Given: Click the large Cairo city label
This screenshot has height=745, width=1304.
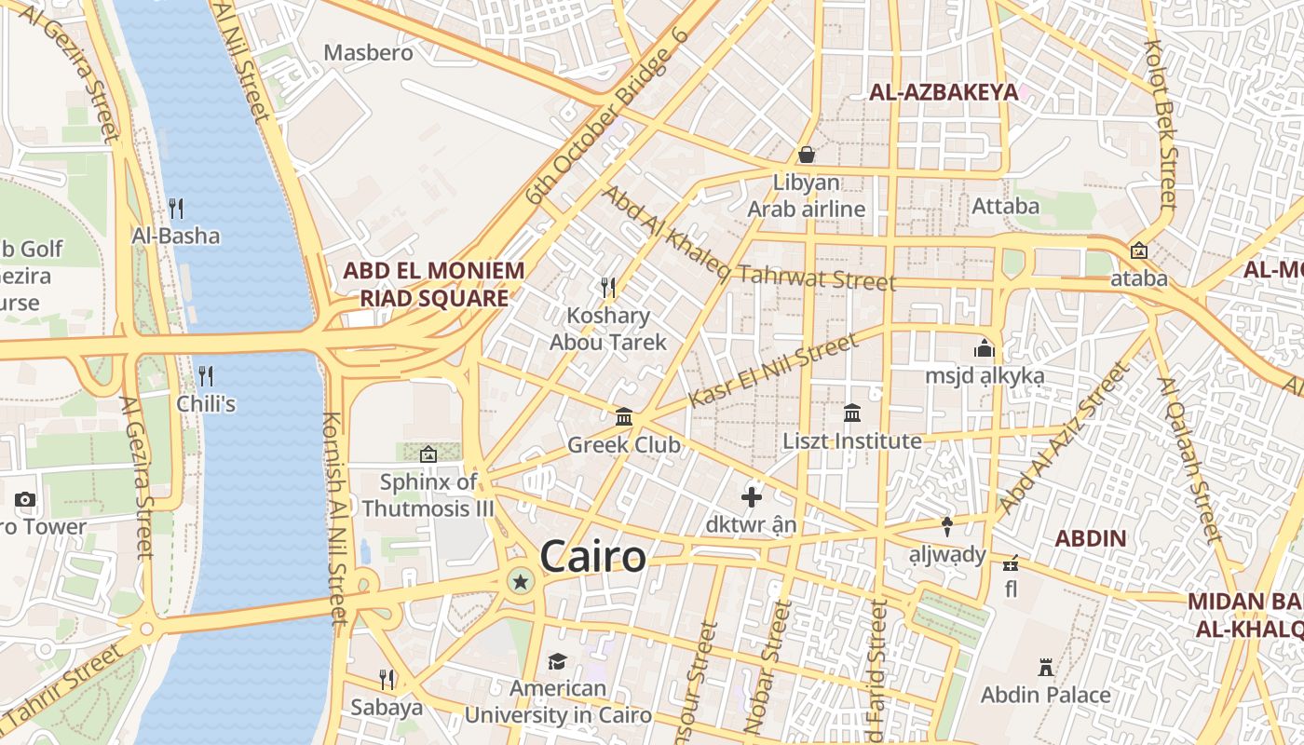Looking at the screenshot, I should pyautogui.click(x=592, y=557).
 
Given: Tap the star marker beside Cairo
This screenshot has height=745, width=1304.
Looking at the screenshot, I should pyautogui.click(x=521, y=583).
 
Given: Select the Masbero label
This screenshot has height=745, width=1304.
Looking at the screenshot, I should pyautogui.click(x=368, y=53).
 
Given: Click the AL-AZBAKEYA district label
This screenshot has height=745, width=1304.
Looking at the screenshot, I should pyautogui.click(x=943, y=91).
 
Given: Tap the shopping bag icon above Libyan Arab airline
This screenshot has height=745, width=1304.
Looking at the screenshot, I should pyautogui.click(x=807, y=154).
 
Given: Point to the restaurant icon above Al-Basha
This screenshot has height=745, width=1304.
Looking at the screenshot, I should pyautogui.click(x=175, y=208).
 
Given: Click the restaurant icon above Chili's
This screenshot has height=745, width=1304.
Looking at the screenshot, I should pyautogui.click(x=206, y=376).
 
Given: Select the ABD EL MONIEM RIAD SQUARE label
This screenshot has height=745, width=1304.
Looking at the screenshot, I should pyautogui.click(x=433, y=284).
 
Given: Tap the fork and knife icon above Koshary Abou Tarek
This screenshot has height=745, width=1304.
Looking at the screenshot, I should pyautogui.click(x=608, y=287).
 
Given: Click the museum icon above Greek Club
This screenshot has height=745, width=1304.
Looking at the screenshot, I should pyautogui.click(x=624, y=416).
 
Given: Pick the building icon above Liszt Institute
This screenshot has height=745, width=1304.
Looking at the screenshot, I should pyautogui.click(x=852, y=413).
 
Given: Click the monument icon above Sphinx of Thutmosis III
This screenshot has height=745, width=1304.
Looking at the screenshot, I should pyautogui.click(x=428, y=454).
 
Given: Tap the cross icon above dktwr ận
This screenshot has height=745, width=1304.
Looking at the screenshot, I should pyautogui.click(x=751, y=496).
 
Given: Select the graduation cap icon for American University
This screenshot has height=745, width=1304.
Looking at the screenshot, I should pyautogui.click(x=557, y=661).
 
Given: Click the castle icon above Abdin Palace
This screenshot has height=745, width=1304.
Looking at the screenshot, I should pyautogui.click(x=1045, y=667).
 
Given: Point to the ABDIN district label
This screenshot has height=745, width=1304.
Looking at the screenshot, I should pyautogui.click(x=1090, y=538).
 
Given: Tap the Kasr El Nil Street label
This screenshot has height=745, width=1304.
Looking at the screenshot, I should pyautogui.click(x=773, y=371).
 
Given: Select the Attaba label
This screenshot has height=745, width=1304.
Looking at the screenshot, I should pyautogui.click(x=1005, y=206).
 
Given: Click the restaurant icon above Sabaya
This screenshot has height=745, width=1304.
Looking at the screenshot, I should pyautogui.click(x=387, y=679).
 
